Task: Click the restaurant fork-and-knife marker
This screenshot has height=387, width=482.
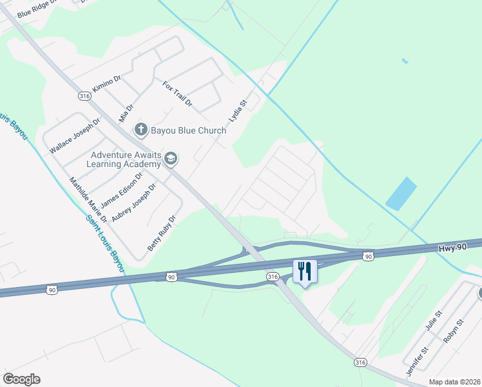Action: (x=305, y=271)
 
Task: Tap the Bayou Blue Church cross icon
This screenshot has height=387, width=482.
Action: (x=141, y=130)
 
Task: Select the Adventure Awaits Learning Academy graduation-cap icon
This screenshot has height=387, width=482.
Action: (x=171, y=159)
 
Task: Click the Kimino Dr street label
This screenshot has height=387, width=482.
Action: (x=107, y=84)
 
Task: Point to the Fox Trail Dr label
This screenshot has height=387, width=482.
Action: (x=177, y=94)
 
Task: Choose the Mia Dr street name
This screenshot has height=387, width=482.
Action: (x=126, y=113)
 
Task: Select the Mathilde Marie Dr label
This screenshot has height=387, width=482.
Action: (x=88, y=201)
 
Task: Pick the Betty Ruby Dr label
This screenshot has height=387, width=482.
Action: (x=162, y=233)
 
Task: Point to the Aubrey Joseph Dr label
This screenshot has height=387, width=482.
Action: (x=134, y=203)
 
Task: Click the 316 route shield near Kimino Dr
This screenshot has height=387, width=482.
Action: (x=84, y=96)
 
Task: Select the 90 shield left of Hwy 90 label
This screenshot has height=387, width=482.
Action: (x=367, y=256)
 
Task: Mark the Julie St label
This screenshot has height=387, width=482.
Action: (x=433, y=321)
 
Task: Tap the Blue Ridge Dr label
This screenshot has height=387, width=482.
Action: (x=38, y=8)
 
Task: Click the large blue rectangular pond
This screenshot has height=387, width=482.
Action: (x=401, y=193)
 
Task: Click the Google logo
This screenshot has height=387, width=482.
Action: (x=21, y=379)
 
